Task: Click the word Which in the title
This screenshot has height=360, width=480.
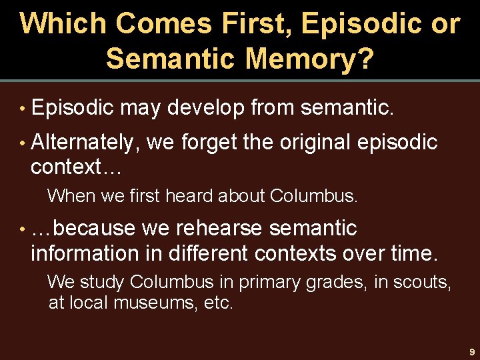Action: tap(63, 24)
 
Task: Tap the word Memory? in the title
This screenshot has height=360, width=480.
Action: tap(309, 58)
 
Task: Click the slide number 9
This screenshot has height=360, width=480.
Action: tap(471, 351)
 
